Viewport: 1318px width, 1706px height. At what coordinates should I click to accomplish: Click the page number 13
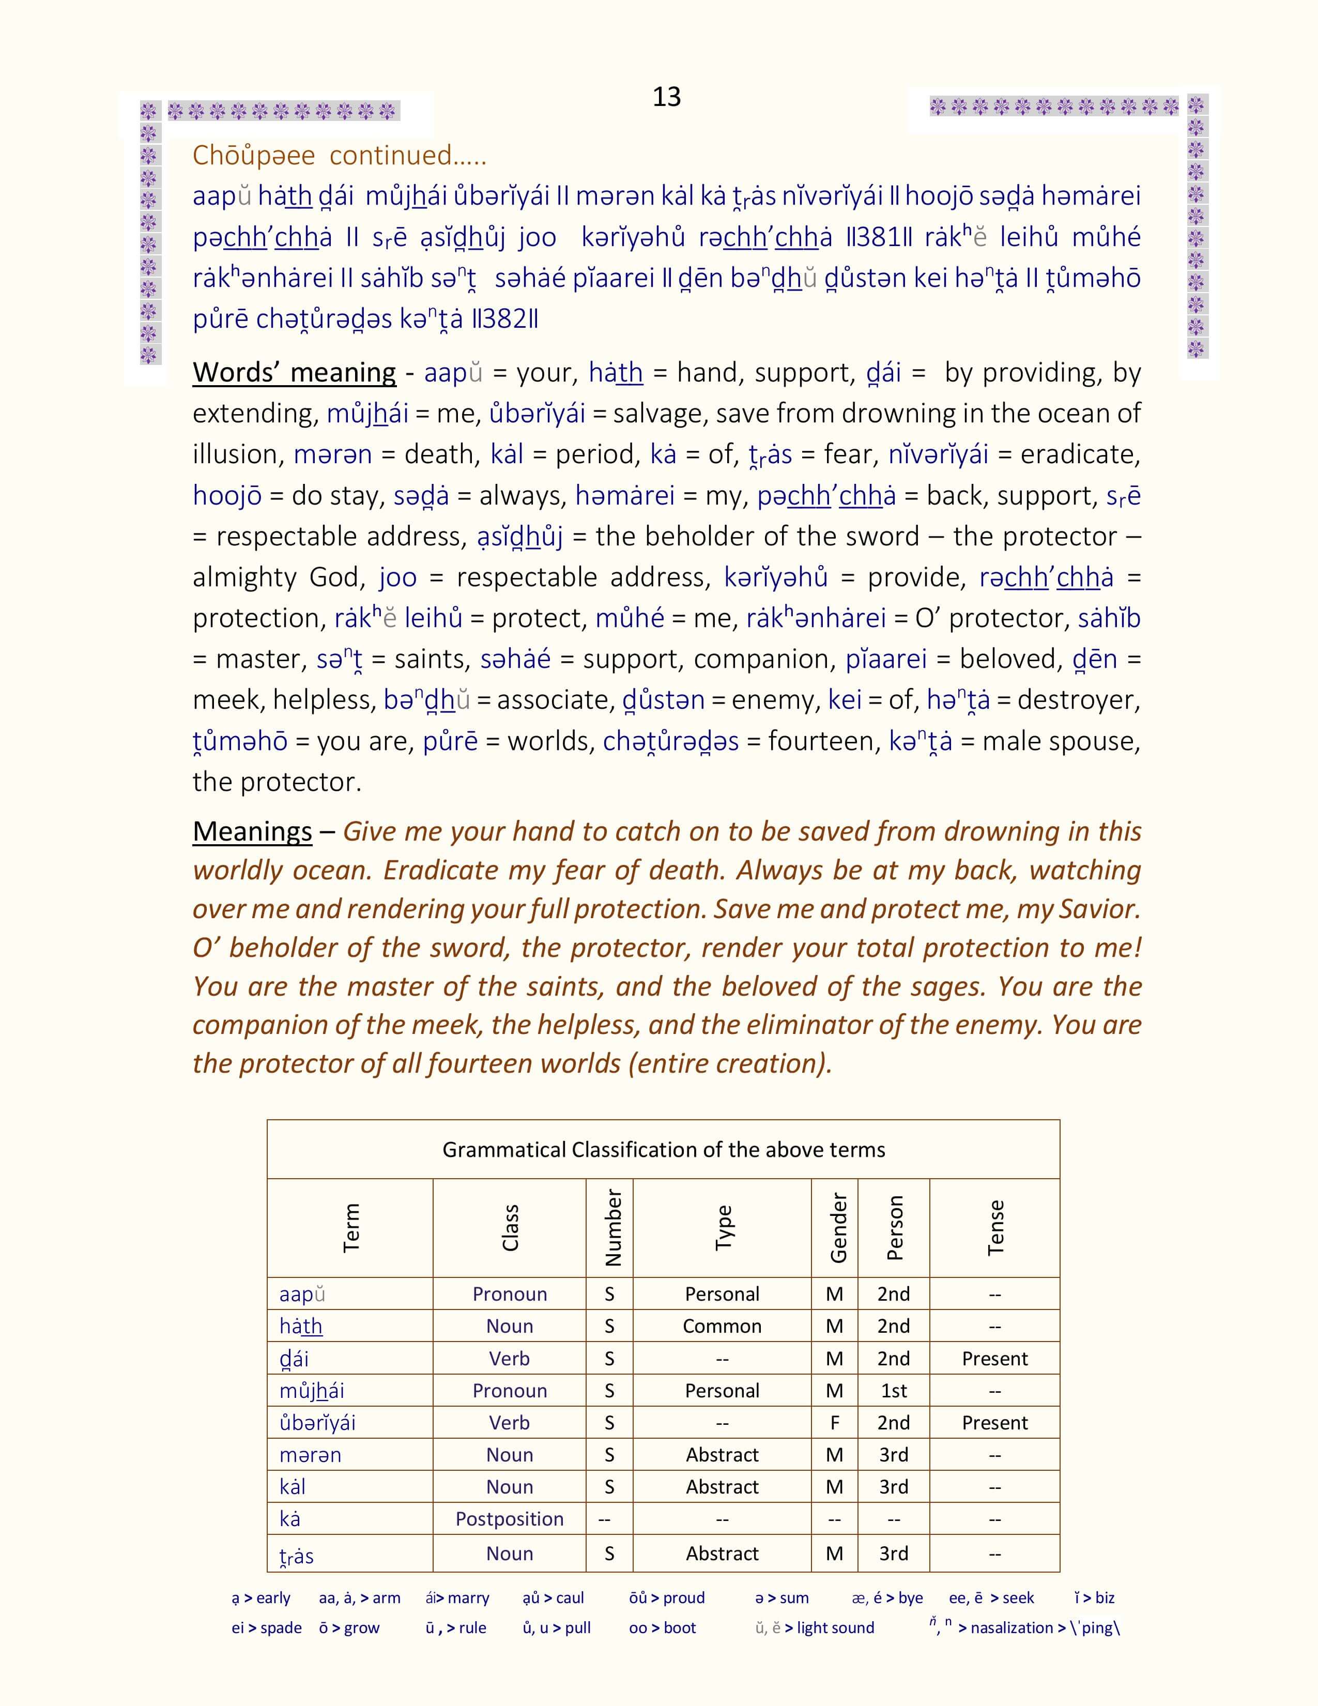click(x=666, y=97)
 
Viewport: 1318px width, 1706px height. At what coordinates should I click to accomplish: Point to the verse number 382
click(x=504, y=318)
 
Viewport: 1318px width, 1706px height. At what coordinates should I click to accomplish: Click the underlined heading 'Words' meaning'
click(x=295, y=373)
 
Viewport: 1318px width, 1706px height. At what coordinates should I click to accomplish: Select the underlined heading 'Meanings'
click(x=252, y=831)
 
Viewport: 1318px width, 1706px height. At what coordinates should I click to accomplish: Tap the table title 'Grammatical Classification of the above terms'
click(x=664, y=1149)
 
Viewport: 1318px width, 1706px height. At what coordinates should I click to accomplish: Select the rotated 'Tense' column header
click(x=995, y=1227)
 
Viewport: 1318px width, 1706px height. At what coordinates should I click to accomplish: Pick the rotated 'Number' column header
click(x=613, y=1227)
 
